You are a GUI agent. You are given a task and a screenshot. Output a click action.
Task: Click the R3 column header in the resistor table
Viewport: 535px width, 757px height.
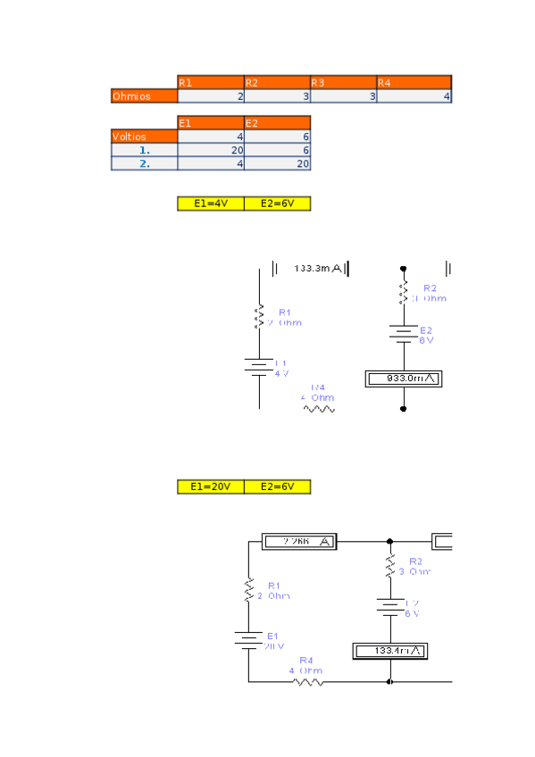tap(343, 82)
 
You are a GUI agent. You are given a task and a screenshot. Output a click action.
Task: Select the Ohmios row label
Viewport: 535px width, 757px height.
tap(144, 96)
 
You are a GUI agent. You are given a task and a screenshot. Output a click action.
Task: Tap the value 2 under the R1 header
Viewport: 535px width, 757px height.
tap(211, 96)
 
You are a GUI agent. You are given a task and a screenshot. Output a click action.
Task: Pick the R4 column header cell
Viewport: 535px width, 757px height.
tap(414, 82)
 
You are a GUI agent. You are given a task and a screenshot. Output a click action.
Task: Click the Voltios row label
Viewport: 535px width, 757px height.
tap(144, 137)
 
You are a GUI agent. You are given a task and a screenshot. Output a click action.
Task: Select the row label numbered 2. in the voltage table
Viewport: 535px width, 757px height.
tap(144, 163)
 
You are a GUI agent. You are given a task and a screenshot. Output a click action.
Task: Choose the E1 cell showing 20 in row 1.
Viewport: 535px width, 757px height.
tap(211, 150)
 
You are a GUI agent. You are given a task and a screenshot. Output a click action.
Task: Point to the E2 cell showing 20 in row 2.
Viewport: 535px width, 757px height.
tap(277, 163)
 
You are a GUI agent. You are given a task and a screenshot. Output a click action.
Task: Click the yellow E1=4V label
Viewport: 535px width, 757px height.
tap(211, 204)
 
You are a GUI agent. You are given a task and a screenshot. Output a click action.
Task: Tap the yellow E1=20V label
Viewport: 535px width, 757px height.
tap(211, 487)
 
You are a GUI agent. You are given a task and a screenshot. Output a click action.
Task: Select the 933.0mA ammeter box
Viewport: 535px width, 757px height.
tap(404, 378)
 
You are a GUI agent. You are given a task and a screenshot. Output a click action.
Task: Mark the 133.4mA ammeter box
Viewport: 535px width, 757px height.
tap(389, 650)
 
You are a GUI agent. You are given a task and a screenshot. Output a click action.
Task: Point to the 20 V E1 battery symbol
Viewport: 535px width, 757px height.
tap(248, 639)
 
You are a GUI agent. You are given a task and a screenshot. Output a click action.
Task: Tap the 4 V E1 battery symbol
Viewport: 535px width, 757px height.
tap(259, 367)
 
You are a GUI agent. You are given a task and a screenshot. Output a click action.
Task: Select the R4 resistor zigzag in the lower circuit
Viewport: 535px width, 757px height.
tap(308, 682)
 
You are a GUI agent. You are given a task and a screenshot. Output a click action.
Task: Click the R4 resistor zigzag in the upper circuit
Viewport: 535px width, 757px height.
tap(319, 409)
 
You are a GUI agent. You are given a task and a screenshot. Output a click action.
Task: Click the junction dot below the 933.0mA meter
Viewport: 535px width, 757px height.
tap(404, 409)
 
